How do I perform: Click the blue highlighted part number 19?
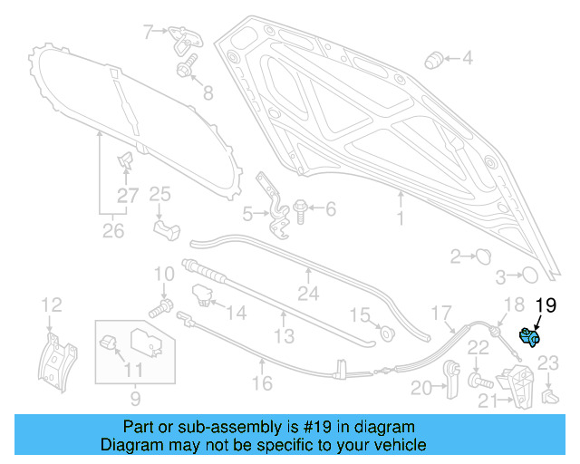pos(528,338)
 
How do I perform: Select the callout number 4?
pos(467,59)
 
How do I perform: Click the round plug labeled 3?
pos(528,275)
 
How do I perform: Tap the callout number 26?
pos(112,233)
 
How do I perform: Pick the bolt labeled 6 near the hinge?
pos(299,210)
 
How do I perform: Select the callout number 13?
pos(284,336)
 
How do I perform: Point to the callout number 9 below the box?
pos(133,396)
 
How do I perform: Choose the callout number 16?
pos(262,384)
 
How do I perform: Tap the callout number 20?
pos(420,388)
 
